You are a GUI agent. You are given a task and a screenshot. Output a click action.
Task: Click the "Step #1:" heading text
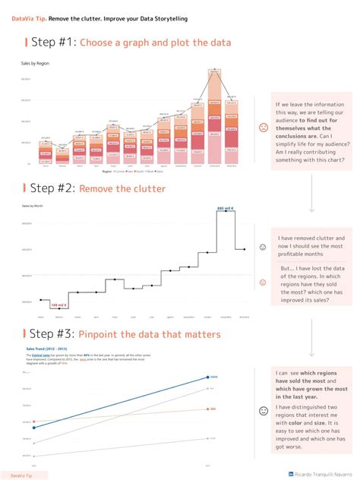[x=51, y=43]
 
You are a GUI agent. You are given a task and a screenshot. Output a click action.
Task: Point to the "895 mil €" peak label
[x=226, y=208]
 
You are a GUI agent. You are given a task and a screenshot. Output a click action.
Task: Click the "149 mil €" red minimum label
[x=58, y=305]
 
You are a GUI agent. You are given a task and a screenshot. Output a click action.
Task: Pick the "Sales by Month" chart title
[x=33, y=206]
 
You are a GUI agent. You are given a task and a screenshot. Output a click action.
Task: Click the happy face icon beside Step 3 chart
[x=264, y=411]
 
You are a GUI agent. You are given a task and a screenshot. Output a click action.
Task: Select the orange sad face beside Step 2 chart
[x=263, y=283]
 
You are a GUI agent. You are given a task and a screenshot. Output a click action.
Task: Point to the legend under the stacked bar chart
[x=134, y=172]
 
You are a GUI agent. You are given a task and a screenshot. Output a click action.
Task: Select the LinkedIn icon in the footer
[x=273, y=473]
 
